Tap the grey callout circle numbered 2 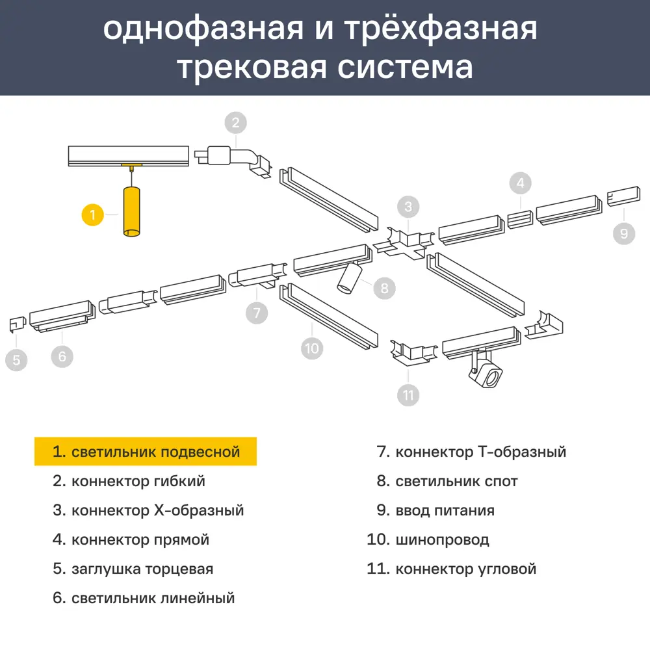(236, 122)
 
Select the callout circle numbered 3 (408, 207)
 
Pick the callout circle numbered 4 (520, 184)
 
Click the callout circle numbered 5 (17, 359)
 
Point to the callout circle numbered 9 (623, 232)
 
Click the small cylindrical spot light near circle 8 (350, 278)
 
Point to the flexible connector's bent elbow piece (250, 159)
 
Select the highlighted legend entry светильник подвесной (146, 452)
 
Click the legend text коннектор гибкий (138, 481)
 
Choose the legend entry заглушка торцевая (142, 569)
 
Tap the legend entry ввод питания (445, 510)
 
